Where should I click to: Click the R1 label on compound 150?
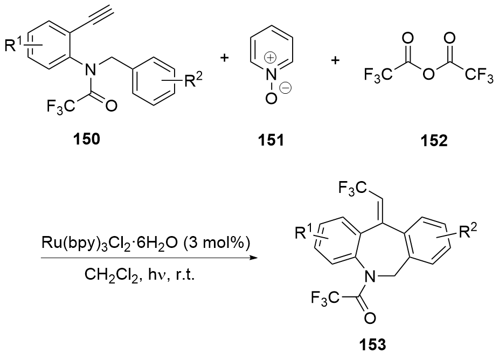click(x=16, y=45)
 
